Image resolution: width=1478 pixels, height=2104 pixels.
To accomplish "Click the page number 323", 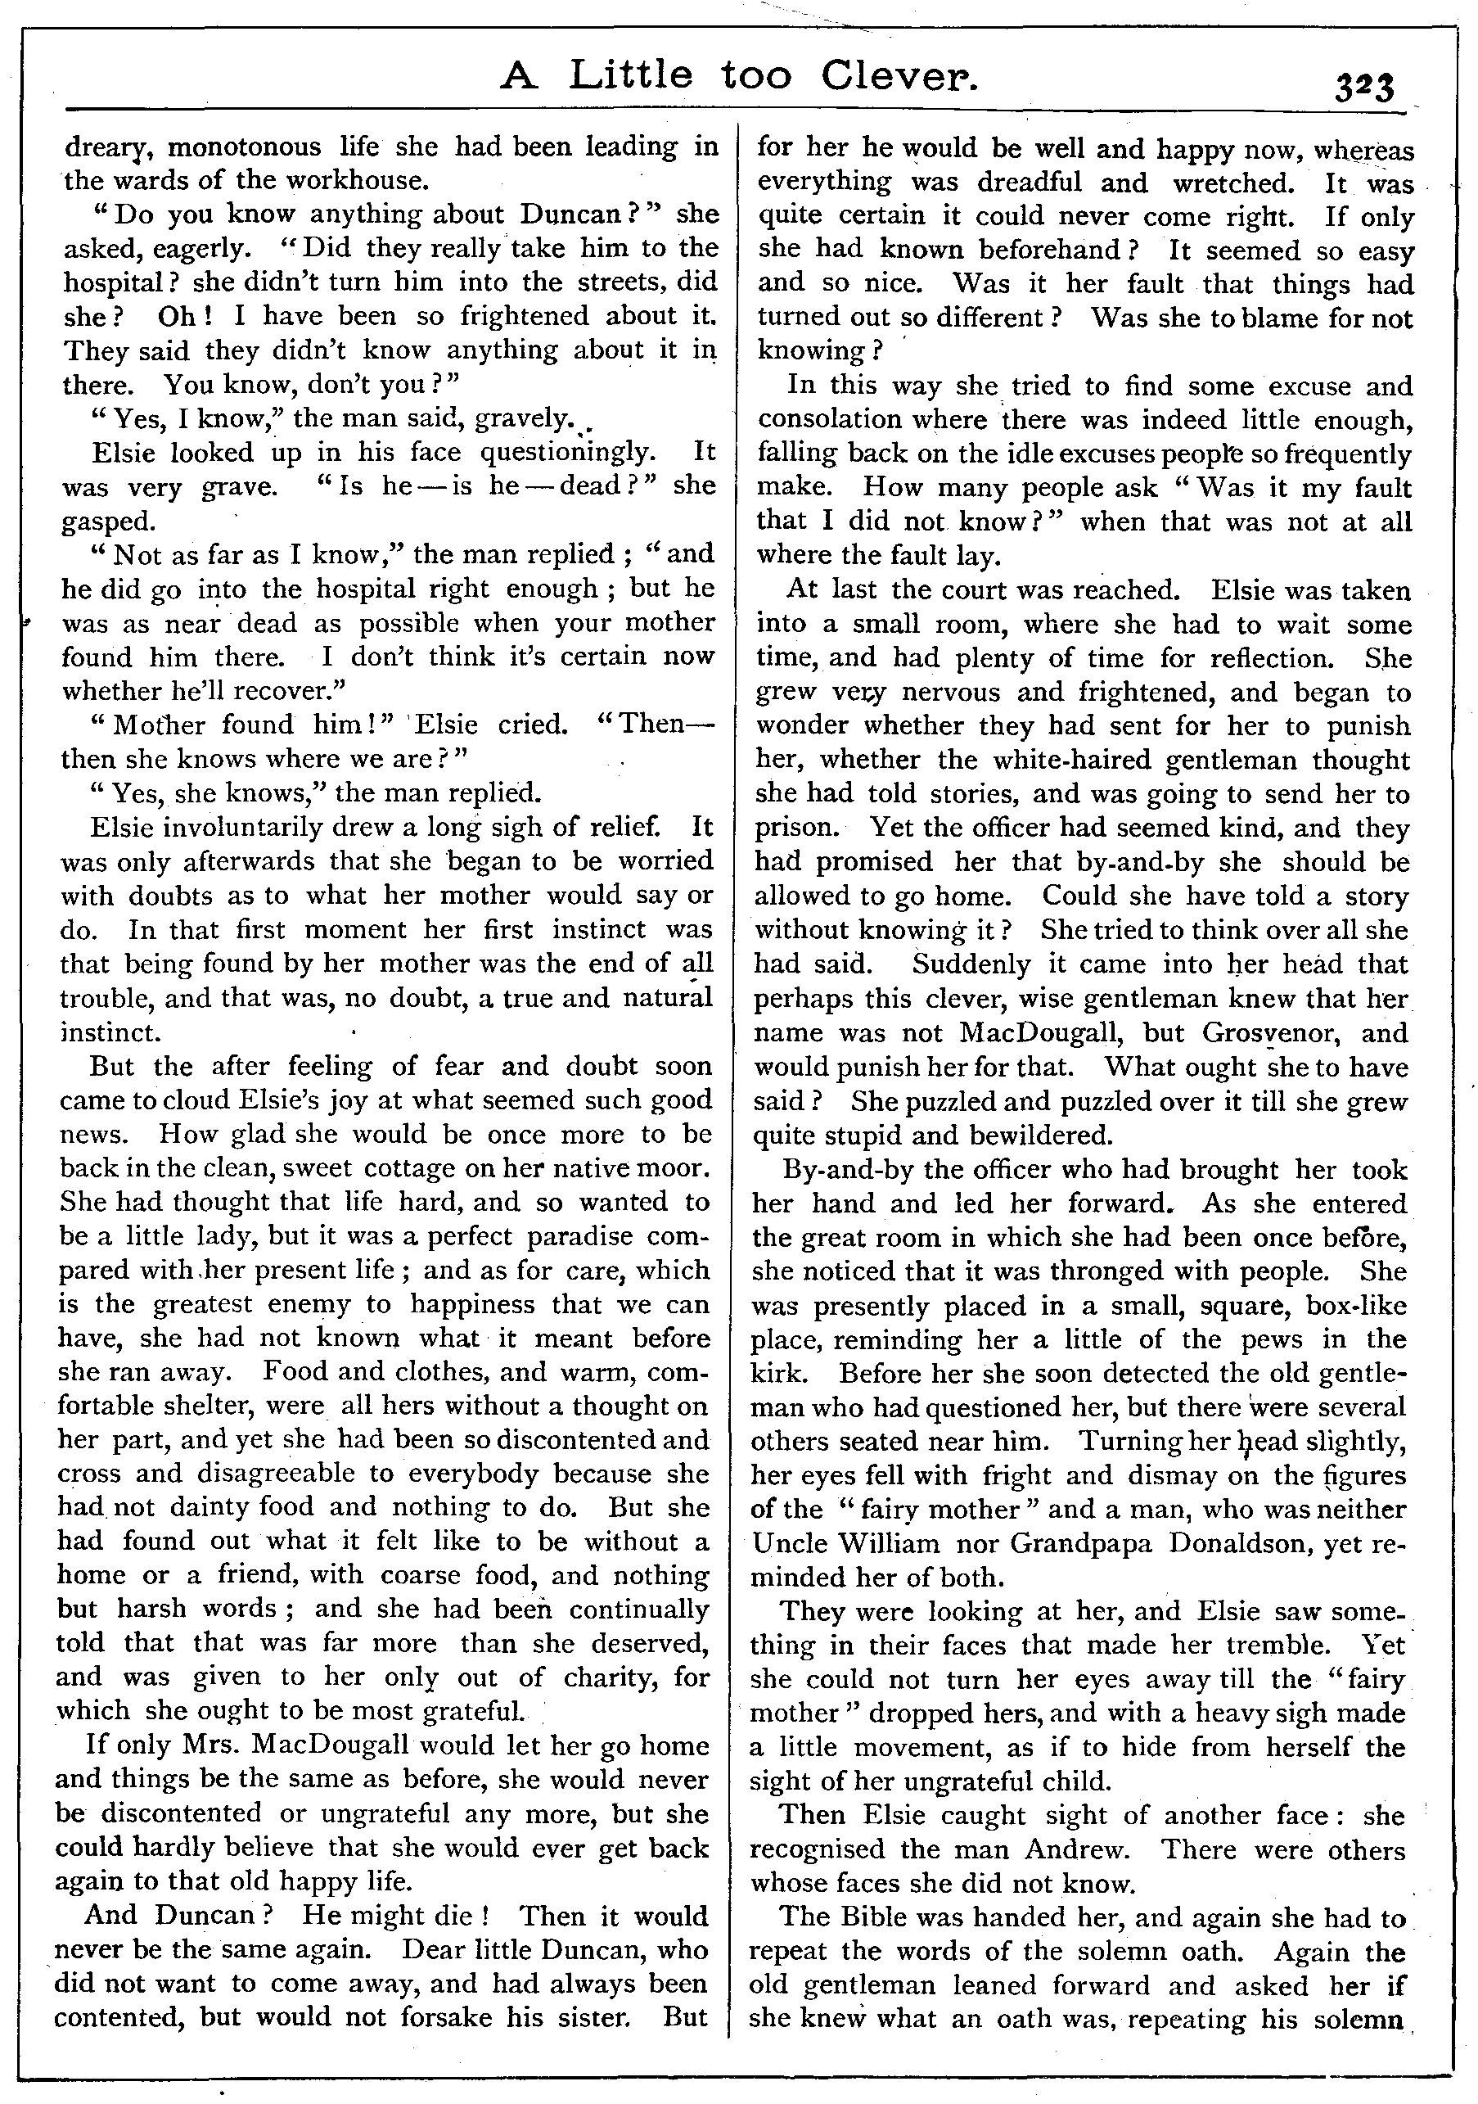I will point(1363,89).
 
